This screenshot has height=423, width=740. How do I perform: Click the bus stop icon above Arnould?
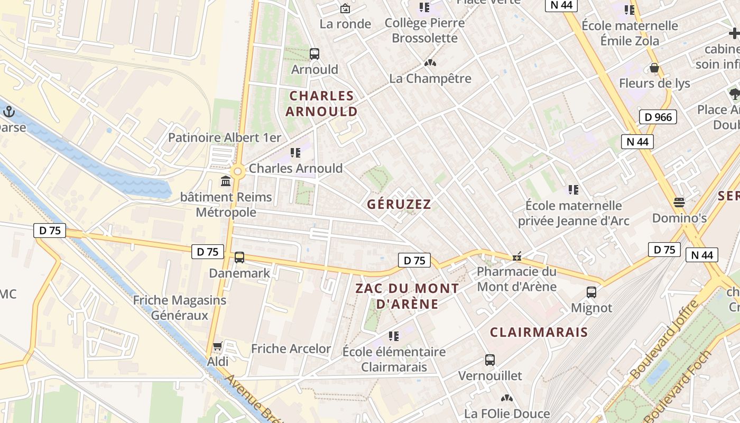coord(314,53)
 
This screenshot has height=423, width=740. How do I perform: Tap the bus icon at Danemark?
coord(239,258)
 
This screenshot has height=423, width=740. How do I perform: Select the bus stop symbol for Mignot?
coord(591,292)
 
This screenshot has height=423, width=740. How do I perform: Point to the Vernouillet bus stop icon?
coord(490,360)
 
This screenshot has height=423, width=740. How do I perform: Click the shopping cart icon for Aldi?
coord(217,346)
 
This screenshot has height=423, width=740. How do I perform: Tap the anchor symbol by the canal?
coord(8,111)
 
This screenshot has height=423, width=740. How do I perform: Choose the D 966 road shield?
coord(658,117)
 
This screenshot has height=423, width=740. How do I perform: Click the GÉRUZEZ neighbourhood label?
coord(399,204)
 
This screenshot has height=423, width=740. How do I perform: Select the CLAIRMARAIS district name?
coord(539,332)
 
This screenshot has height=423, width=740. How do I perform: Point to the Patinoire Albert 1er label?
coord(225,137)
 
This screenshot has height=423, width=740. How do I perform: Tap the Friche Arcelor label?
coord(291,348)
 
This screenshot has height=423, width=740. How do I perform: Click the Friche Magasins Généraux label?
coord(180,307)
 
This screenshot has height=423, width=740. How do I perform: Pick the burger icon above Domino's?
coord(679,202)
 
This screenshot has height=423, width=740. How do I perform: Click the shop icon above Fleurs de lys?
coord(654,68)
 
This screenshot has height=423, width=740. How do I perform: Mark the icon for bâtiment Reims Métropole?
coord(226,181)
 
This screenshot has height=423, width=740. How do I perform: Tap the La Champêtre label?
coord(430,78)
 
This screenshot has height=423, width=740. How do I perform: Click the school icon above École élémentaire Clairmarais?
coord(393,336)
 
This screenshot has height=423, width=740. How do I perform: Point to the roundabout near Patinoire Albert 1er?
coord(237,171)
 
